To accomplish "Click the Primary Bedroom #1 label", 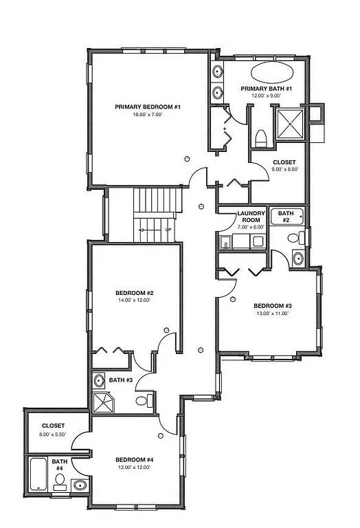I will [x=148, y=107].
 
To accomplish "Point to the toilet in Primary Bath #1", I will [x=260, y=138].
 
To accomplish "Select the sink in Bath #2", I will [x=297, y=258].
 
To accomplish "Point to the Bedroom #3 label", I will [x=273, y=306].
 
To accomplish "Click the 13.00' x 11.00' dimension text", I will [x=273, y=313].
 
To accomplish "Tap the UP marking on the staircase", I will [x=167, y=230].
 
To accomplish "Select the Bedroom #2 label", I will [x=134, y=292].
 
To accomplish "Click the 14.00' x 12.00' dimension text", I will [x=134, y=300].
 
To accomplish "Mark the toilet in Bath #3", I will [x=142, y=400].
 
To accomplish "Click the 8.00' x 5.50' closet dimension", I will [x=53, y=434].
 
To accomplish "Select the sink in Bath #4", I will [x=80, y=485].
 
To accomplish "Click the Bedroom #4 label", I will [x=134, y=459].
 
